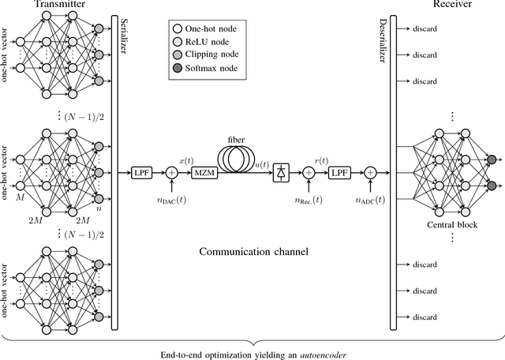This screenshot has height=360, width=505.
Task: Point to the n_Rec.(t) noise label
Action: coord(309,201)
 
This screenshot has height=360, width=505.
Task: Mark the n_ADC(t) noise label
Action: coord(368,201)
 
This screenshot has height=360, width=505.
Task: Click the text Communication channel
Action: coord(252,253)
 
